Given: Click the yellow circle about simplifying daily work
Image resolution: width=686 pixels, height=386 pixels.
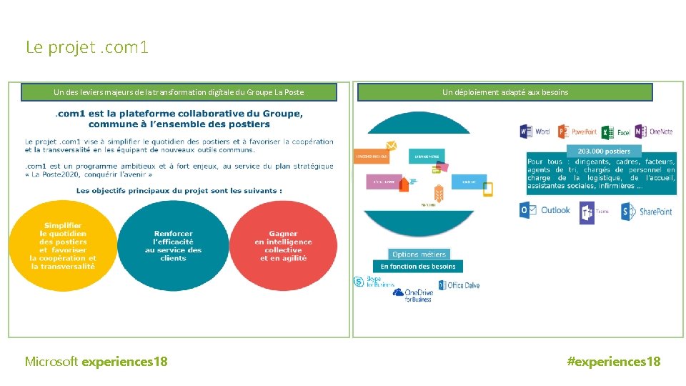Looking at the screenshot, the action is [63, 246].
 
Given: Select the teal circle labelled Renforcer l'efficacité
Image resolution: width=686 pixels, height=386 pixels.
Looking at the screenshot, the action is [173, 246].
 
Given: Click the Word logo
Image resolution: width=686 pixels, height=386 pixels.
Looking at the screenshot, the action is [526, 132].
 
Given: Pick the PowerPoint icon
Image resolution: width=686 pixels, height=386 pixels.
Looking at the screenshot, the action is [564, 132].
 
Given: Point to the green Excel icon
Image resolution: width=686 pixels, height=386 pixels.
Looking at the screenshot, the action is [607, 132].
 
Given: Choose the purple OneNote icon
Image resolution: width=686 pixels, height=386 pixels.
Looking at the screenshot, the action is [642, 132].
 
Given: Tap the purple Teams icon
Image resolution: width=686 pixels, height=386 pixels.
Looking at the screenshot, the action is [587, 212].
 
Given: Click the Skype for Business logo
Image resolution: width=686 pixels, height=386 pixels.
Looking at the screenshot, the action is [359, 282].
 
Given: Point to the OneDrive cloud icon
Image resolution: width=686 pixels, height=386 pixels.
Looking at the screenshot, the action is [399, 292].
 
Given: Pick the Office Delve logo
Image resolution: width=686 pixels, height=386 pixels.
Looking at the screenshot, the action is [442, 284].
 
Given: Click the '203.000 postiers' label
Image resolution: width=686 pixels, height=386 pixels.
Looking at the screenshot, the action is [604, 152].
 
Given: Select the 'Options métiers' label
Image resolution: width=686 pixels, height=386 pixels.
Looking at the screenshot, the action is [419, 254].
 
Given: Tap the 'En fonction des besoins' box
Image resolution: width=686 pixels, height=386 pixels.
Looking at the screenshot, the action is [418, 267].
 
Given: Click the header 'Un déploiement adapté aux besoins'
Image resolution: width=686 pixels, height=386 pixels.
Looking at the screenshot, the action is [504, 92].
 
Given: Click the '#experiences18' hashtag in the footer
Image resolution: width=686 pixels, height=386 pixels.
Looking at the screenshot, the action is [613, 362].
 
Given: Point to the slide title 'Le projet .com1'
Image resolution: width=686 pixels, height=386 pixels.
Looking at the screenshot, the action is [87, 48].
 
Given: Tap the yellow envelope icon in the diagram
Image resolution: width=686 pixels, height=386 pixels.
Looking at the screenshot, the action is [391, 146].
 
